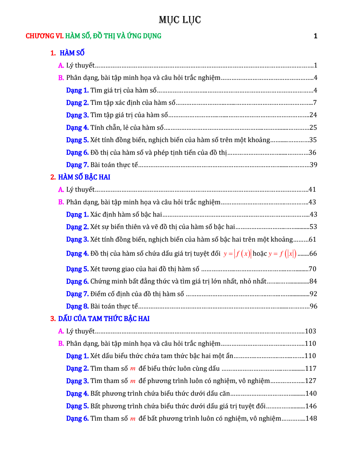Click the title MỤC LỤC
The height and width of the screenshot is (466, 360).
click(180, 20)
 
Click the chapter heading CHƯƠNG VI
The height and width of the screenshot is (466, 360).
click(45, 36)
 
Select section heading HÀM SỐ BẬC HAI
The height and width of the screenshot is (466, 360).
click(84, 177)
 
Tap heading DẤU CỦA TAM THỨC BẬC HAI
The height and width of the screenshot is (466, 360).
click(104, 319)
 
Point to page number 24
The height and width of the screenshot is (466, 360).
click(313, 115)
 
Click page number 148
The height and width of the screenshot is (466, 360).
click(311, 419)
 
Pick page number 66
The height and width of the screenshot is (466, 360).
click(313, 254)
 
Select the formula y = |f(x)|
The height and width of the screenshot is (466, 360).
click(237, 254)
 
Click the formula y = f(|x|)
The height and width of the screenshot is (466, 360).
click(282, 254)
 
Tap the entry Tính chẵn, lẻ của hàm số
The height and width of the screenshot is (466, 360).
click(127, 128)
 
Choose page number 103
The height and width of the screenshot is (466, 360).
click(310, 331)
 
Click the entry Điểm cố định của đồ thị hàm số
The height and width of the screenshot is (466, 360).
click(137, 294)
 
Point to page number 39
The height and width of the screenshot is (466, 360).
click(313, 165)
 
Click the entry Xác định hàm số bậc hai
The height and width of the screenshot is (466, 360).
click(126, 215)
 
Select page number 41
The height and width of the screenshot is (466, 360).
click(312, 190)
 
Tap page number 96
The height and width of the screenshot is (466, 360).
click(313, 306)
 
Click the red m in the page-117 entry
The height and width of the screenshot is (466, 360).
click(133, 369)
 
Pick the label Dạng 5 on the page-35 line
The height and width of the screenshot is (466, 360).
click(77, 140)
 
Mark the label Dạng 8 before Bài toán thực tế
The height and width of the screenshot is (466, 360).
click(77, 306)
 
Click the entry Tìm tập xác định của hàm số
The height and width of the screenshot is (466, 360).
click(133, 103)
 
